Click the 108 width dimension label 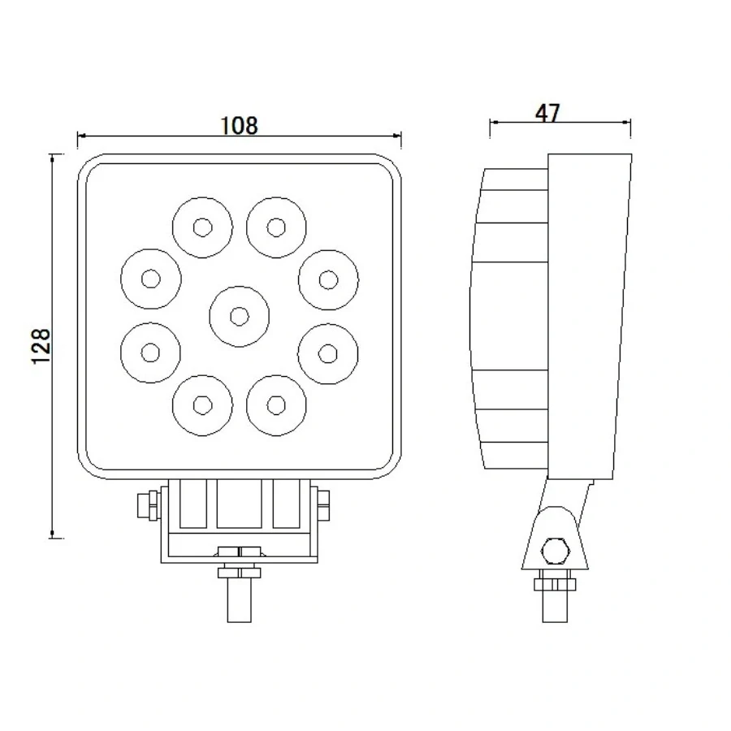pos(239,125)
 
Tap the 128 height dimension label pos(41,346)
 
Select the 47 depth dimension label pos(548,113)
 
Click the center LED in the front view pos(239,315)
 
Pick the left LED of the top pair pos(202,226)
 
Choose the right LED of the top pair pos(277,226)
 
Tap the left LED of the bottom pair pos(202,404)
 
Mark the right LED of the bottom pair pos(277,404)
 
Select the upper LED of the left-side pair pos(150,279)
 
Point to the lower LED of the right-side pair pos(328,352)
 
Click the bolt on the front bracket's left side pos(147,504)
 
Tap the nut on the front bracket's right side pos(325,504)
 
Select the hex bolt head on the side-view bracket pos(555,550)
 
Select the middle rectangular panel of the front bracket pos(239,504)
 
